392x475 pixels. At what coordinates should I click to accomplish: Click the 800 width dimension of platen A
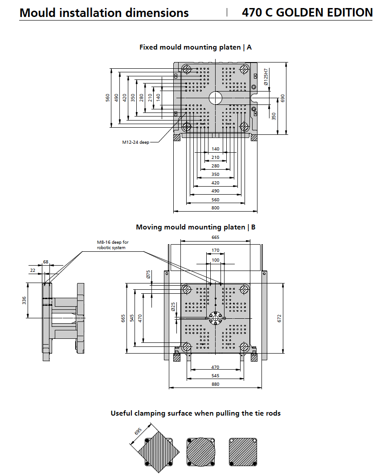point(215,208)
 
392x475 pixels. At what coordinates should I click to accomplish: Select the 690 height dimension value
point(282,98)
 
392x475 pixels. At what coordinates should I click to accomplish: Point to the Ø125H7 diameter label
point(266,77)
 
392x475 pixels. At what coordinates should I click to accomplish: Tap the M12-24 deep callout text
point(136,142)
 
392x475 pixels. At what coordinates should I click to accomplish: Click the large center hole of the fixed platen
point(216,98)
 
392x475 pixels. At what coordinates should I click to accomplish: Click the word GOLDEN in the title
point(300,12)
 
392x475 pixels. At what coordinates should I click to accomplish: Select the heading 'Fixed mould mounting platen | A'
point(196,47)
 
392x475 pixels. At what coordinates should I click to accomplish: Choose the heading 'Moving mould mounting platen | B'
point(196,227)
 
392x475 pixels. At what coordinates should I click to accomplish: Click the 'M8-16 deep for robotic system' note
point(113,245)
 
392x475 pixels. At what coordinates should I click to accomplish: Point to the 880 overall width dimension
point(215,384)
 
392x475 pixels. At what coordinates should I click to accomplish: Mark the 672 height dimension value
point(279,318)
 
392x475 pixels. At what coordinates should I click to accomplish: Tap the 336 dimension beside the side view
point(24,300)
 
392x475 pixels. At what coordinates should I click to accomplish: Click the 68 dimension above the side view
point(45,262)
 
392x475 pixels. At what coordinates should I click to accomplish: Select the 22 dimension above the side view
point(33,270)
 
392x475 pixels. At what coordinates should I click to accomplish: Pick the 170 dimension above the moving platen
point(215,250)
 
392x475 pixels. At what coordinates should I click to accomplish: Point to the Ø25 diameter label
point(173,307)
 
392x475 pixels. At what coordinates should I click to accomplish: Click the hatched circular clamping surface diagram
point(201,452)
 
